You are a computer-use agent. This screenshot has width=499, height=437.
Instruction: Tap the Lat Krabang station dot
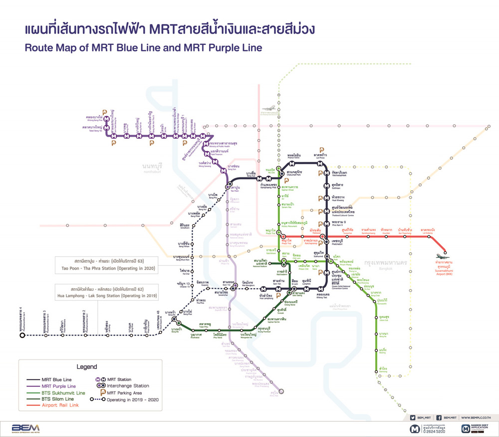tap(429, 237)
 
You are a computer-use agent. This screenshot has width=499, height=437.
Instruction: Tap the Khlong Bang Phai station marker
tap(106, 119)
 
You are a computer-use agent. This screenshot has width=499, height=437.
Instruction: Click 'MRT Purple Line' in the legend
tap(59, 386)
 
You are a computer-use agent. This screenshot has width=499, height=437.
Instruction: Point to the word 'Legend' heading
tap(86, 367)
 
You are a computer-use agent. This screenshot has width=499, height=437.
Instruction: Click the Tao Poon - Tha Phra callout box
tap(106, 265)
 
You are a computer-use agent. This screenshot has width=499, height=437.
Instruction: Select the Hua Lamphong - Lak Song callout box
tap(107, 293)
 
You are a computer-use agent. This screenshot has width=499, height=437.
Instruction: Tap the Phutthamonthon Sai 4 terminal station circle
tap(22, 336)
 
